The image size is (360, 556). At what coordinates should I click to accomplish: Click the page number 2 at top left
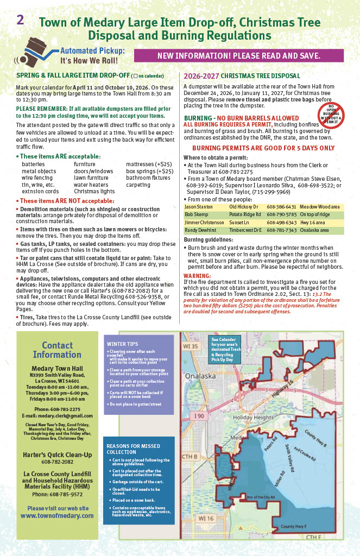[x=20, y=20]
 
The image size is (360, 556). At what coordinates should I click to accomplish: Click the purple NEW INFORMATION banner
[x=238, y=56]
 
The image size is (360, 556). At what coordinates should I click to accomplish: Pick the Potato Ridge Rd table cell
[x=245, y=214]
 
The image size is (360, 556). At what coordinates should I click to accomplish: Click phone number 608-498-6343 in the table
[x=281, y=223]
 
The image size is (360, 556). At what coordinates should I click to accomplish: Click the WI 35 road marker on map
[x=191, y=346]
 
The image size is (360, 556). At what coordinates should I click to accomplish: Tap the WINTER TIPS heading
[x=122, y=344]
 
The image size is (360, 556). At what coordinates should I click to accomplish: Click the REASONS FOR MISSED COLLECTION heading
[x=125, y=448]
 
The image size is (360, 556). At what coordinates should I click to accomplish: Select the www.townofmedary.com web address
[x=55, y=516]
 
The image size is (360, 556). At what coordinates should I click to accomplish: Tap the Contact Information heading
[x=57, y=350]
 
